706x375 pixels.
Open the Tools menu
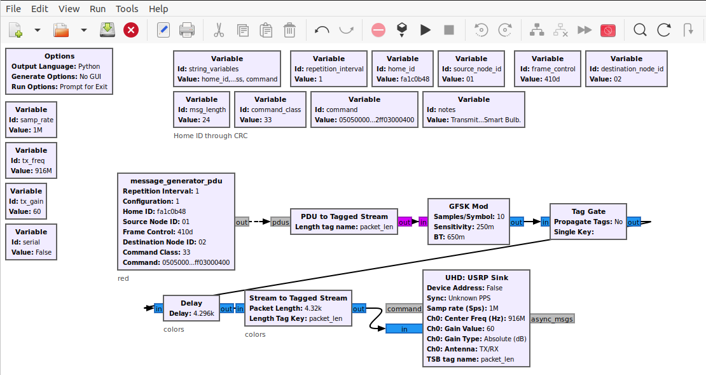pyautogui.click(x=127, y=8)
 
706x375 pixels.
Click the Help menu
pyautogui.click(x=158, y=8)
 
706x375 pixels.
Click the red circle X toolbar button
pyautogui.click(x=131, y=30)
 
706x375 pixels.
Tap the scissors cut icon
pyautogui.click(x=219, y=30)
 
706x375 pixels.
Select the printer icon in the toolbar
pyautogui.click(x=187, y=30)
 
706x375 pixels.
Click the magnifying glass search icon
pyautogui.click(x=640, y=30)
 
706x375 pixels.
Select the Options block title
pyautogui.click(x=59, y=56)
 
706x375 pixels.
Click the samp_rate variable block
pyautogui.click(x=31, y=120)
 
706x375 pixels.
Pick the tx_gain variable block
pyautogui.click(x=26, y=201)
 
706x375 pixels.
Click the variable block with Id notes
pyautogui.click(x=474, y=110)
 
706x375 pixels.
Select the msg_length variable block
pyautogui.click(x=202, y=110)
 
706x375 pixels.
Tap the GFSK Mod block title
pyautogui.click(x=468, y=206)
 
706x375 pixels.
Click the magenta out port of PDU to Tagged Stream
pyautogui.click(x=405, y=222)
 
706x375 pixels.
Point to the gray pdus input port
pyautogui.click(x=280, y=222)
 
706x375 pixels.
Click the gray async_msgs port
pyautogui.click(x=552, y=319)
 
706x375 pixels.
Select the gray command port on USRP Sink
pyautogui.click(x=404, y=309)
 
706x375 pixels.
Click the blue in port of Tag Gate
pyautogui.click(x=545, y=222)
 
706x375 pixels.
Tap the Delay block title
pyautogui.click(x=191, y=303)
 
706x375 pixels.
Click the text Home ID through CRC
pyautogui.click(x=211, y=136)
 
